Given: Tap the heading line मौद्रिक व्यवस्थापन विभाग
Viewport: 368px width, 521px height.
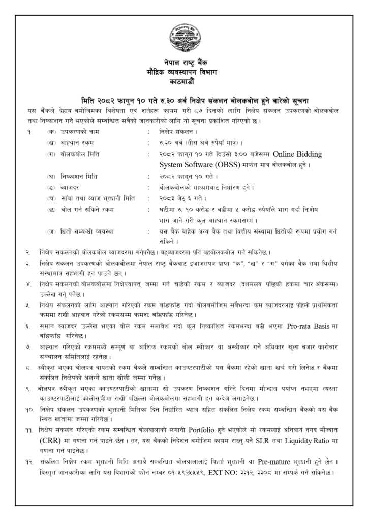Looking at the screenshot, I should [x=183, y=72].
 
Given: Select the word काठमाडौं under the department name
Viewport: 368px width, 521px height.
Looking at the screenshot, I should [x=183, y=81].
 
